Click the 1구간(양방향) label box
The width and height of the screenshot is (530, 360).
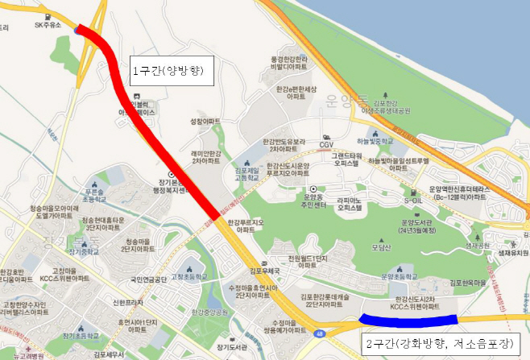point(170,70)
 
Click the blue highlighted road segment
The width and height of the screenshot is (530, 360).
point(408,320)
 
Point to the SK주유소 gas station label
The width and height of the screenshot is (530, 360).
point(47,25)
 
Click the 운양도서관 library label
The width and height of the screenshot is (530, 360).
point(435,227)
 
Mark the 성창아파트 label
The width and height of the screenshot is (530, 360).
point(205,121)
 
